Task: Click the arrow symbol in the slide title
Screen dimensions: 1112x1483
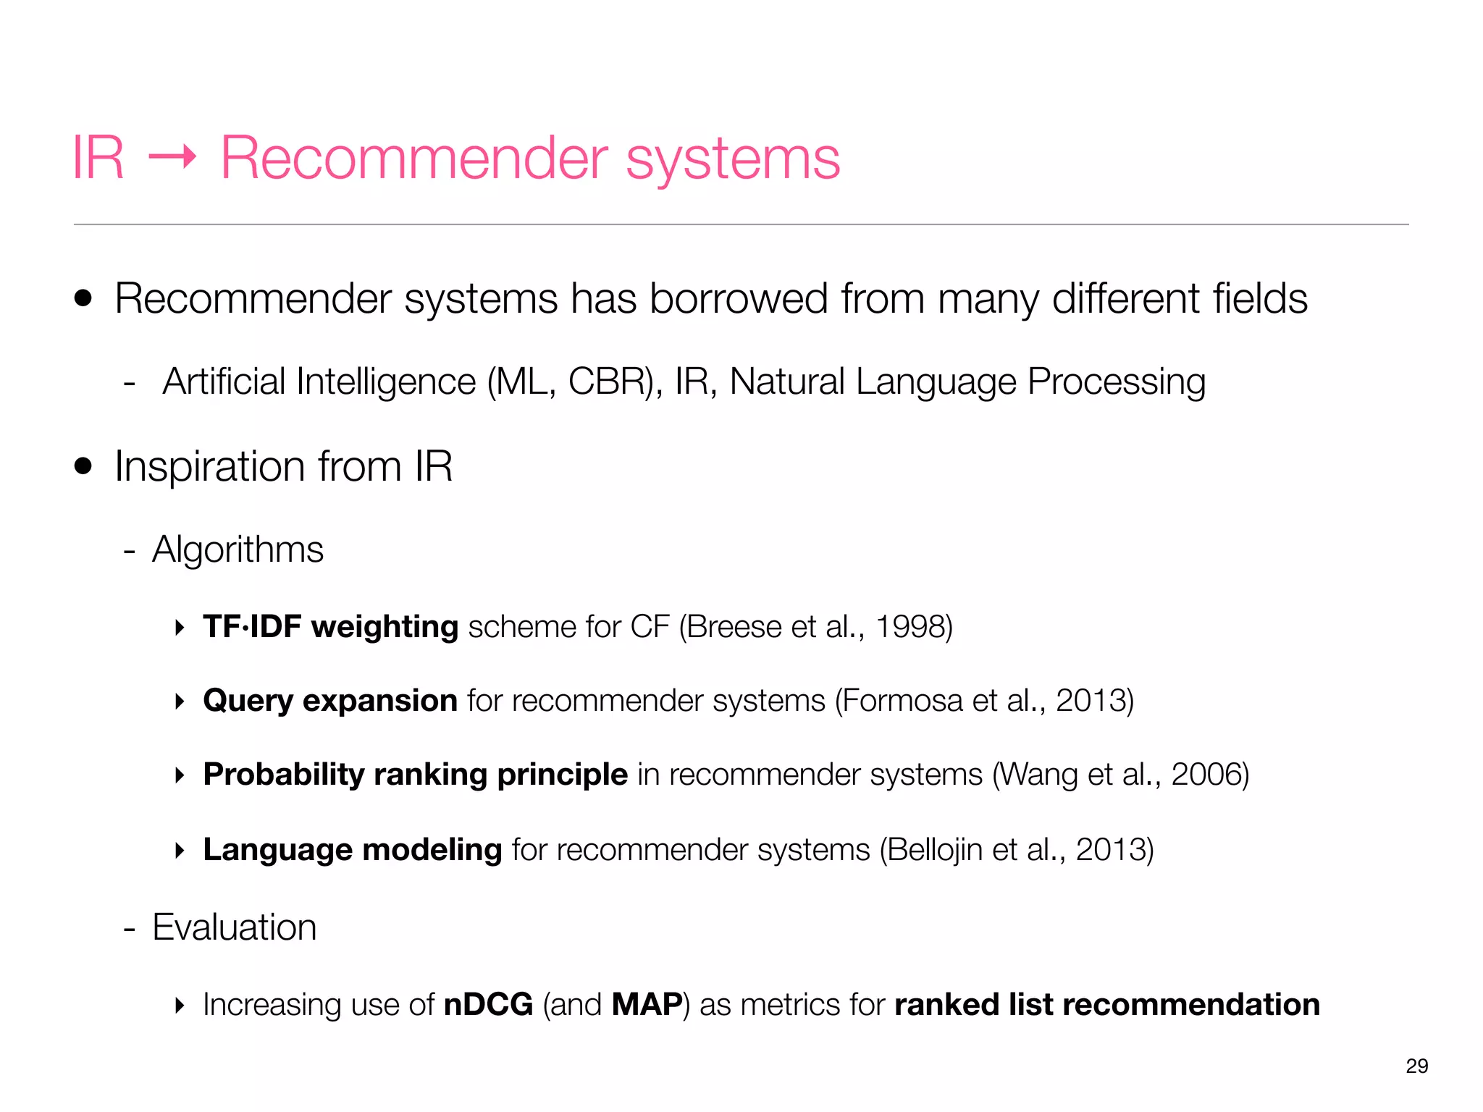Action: point(172,157)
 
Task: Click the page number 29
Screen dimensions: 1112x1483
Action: point(1416,1066)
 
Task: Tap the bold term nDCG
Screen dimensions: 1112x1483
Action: point(488,1005)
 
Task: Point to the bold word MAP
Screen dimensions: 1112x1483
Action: point(647,1005)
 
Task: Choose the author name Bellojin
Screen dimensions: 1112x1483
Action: point(935,850)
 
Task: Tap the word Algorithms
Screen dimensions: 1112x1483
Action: point(238,549)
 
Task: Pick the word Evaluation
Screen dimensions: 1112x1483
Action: point(235,927)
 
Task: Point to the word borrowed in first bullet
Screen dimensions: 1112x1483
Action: point(739,298)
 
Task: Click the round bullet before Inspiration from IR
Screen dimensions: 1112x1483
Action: point(83,466)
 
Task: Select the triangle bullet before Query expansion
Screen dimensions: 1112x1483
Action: point(180,701)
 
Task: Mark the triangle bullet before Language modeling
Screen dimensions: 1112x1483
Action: point(180,850)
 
